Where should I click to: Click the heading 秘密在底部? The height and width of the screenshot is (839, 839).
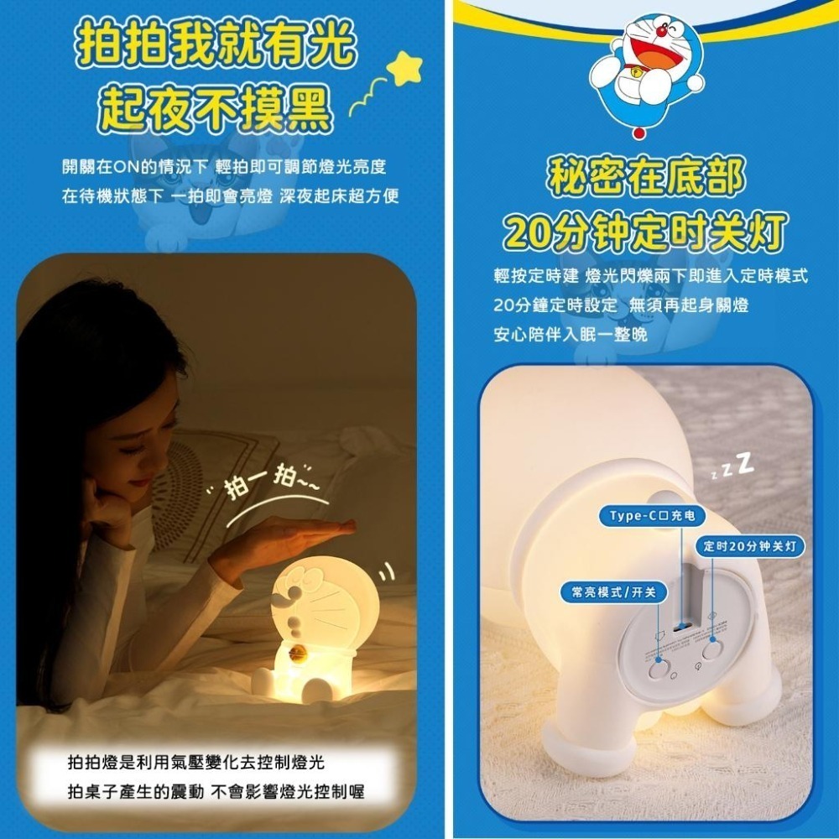point(645,177)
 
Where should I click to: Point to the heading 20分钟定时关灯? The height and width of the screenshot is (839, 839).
point(645,230)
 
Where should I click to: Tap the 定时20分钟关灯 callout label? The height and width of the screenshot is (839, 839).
point(752,546)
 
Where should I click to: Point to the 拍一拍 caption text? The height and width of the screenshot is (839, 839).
point(267,486)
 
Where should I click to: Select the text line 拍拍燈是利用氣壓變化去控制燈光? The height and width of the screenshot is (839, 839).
point(195,763)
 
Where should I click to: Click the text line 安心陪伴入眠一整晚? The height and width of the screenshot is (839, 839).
point(571,334)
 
